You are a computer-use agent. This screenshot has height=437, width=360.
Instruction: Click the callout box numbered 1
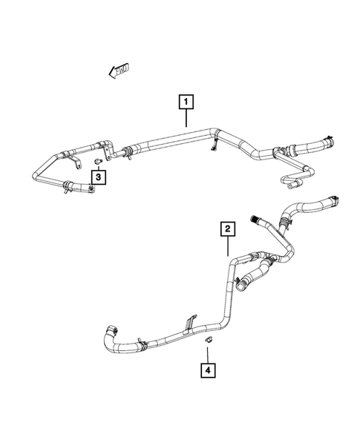pyautogui.click(x=186, y=100)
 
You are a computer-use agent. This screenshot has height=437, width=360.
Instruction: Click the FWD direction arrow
pyautogui.click(x=119, y=70)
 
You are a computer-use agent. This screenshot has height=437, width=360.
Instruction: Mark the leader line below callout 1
pyautogui.click(x=186, y=119)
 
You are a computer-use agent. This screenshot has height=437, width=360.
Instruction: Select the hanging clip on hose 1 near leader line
pyautogui.click(x=215, y=145)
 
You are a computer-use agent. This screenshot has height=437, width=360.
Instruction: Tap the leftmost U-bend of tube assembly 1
pyautogui.click(x=36, y=174)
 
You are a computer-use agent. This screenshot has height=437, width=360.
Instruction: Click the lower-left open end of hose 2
pyautogui.click(x=109, y=328)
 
